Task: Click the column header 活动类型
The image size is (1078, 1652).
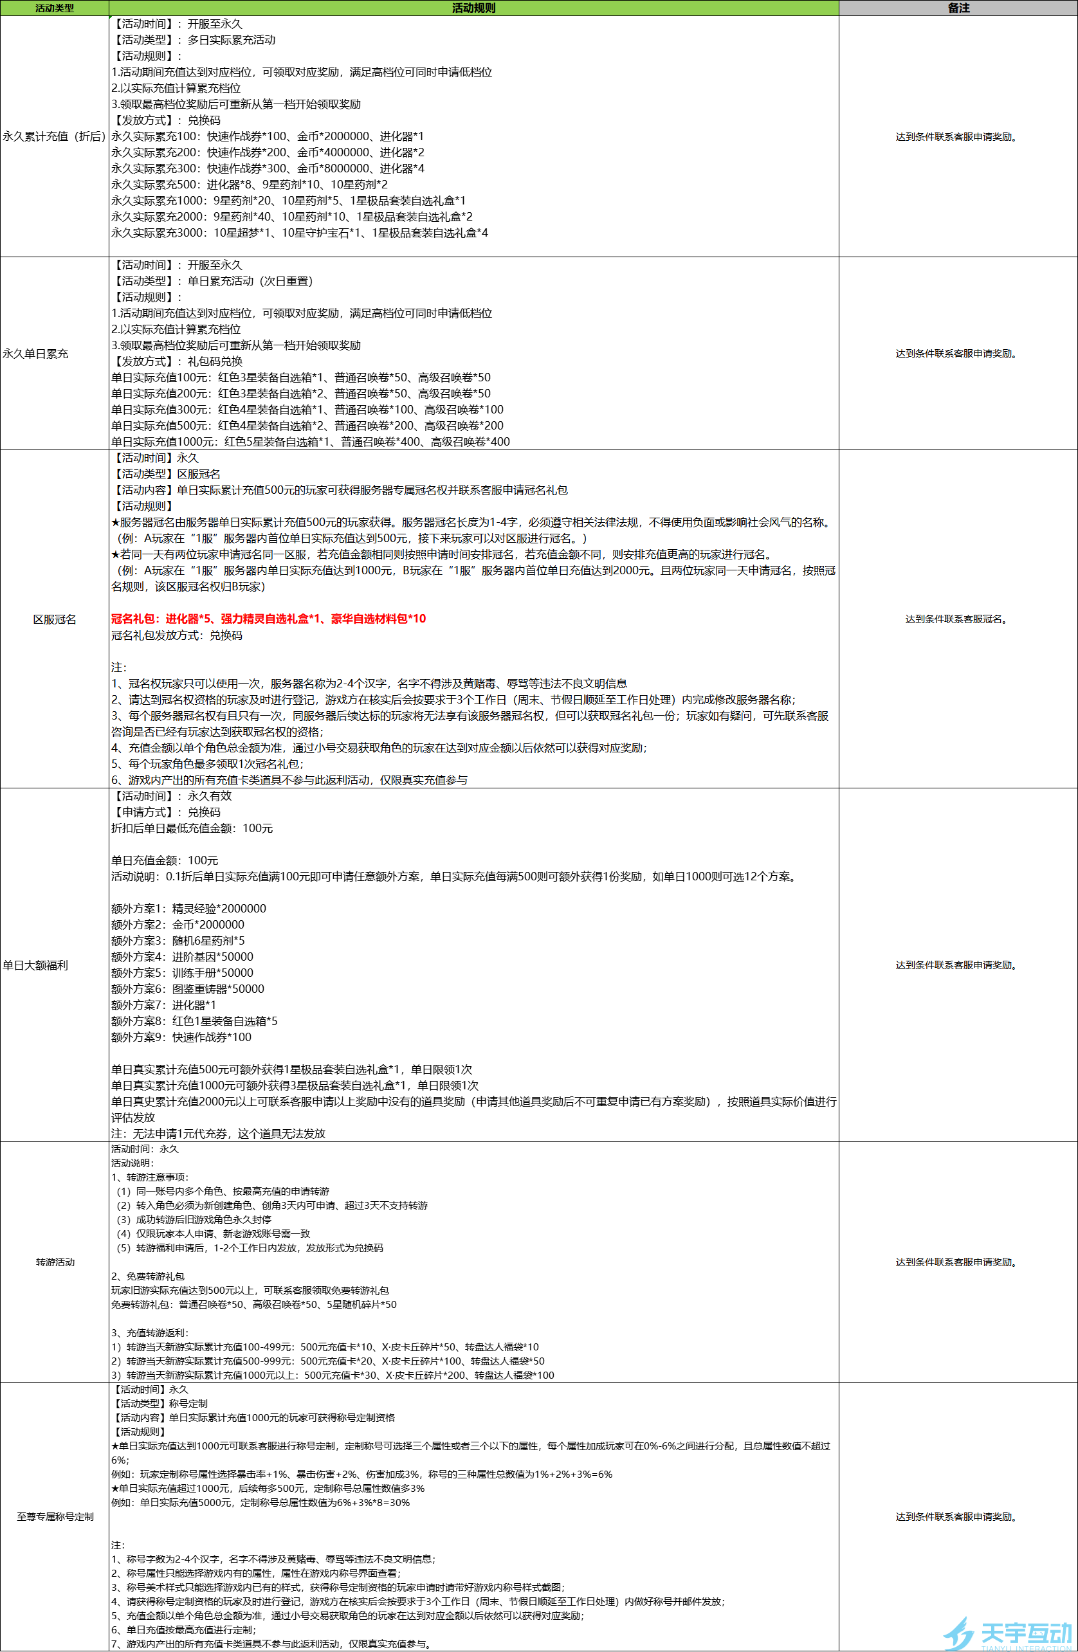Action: tap(54, 8)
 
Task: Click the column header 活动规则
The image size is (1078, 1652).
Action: tap(473, 8)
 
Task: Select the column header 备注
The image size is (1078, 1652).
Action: tap(958, 8)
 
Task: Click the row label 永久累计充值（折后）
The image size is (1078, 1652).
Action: tap(54, 136)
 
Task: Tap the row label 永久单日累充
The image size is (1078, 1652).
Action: tap(35, 353)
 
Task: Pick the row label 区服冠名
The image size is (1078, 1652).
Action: tap(55, 619)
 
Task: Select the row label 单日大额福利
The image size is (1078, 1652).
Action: tap(35, 965)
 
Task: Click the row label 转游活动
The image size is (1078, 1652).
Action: tap(55, 1262)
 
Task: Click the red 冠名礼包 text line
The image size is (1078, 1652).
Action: tap(269, 619)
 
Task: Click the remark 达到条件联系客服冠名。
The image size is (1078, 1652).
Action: tap(958, 619)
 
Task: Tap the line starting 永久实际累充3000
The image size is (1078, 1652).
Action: tap(299, 233)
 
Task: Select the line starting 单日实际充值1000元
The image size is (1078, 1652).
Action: tap(310, 442)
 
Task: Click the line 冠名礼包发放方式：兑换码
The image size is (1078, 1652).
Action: tap(177, 635)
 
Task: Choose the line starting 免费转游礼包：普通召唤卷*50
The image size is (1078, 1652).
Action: tap(254, 1304)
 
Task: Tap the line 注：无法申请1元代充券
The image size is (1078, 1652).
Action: tap(218, 1134)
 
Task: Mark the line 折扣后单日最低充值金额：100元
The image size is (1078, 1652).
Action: tap(192, 828)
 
